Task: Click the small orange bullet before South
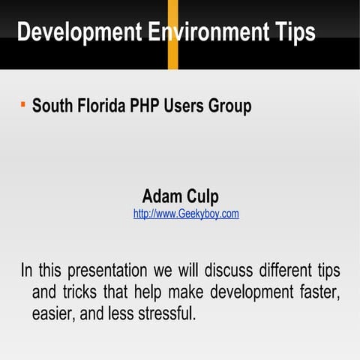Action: (x=23, y=101)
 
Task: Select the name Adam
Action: (x=162, y=197)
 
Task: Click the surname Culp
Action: (x=202, y=198)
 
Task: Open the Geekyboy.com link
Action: (x=186, y=214)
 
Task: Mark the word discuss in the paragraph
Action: (x=226, y=270)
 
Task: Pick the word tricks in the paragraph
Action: (x=86, y=292)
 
